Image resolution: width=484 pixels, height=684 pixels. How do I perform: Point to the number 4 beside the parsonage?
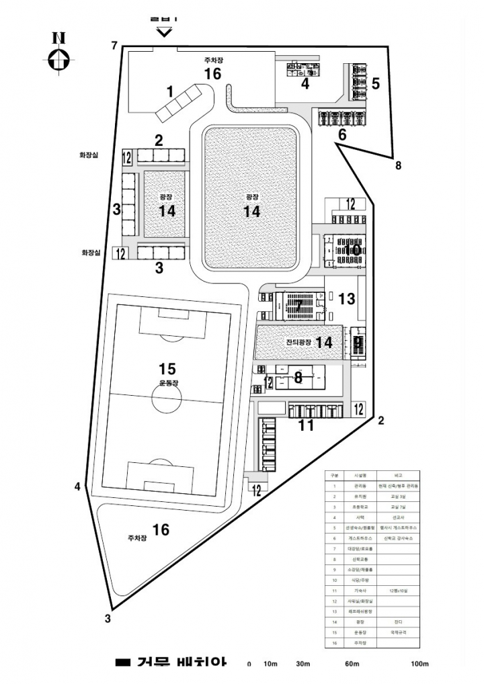pos(305,84)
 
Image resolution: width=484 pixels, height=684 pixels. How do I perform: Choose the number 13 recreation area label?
pos(348,298)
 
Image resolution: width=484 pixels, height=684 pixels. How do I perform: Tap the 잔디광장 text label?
pos(299,343)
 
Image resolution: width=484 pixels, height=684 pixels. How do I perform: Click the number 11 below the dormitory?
pos(307,425)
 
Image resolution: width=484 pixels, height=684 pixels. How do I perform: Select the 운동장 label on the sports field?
pos(169,382)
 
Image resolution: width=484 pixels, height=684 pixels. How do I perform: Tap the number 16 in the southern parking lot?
pos(161,529)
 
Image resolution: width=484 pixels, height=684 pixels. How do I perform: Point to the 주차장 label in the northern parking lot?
pos(213,60)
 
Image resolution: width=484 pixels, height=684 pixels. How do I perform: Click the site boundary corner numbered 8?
pos(398,165)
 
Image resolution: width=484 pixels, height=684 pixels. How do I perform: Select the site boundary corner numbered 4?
pos(78,486)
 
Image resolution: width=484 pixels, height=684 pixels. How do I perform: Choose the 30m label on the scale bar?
pos(303,664)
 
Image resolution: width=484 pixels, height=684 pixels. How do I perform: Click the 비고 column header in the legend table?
pos(396,474)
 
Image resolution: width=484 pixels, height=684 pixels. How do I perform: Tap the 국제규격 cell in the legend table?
pos(396,632)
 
